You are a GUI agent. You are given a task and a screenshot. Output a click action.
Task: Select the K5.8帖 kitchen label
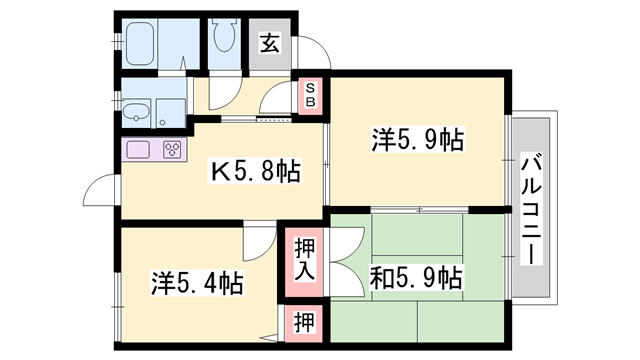pyautogui.click(x=254, y=172)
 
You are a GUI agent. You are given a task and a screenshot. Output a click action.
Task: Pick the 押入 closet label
pyautogui.click(x=304, y=258)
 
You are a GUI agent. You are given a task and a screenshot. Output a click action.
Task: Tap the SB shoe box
pyautogui.click(x=310, y=95)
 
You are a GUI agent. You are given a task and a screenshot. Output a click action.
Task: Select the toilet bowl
pyautogui.click(x=224, y=40)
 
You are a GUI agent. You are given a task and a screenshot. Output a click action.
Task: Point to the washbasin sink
pyautogui.click(x=137, y=112)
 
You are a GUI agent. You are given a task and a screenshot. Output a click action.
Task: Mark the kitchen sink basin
pyautogui.click(x=137, y=151)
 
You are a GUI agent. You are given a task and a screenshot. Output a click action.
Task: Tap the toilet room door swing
pyautogui.click(x=222, y=92)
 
